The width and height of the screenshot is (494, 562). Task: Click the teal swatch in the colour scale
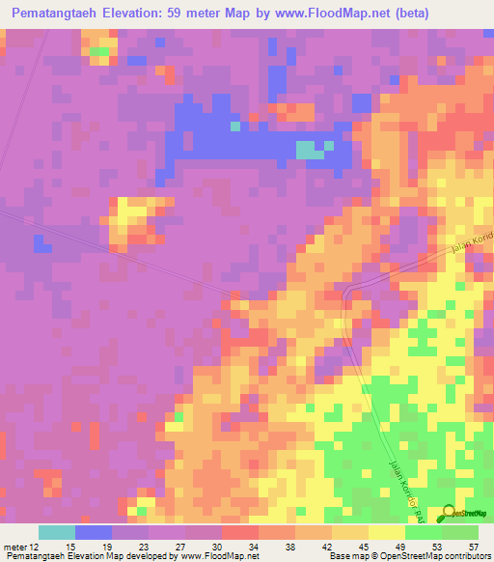point(57,532)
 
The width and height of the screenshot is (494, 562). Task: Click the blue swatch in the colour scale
point(94,532)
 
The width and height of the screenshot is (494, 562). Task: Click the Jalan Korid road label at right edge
point(472,244)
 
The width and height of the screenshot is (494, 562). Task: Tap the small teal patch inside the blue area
point(309,150)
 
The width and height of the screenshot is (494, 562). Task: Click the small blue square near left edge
point(42,244)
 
